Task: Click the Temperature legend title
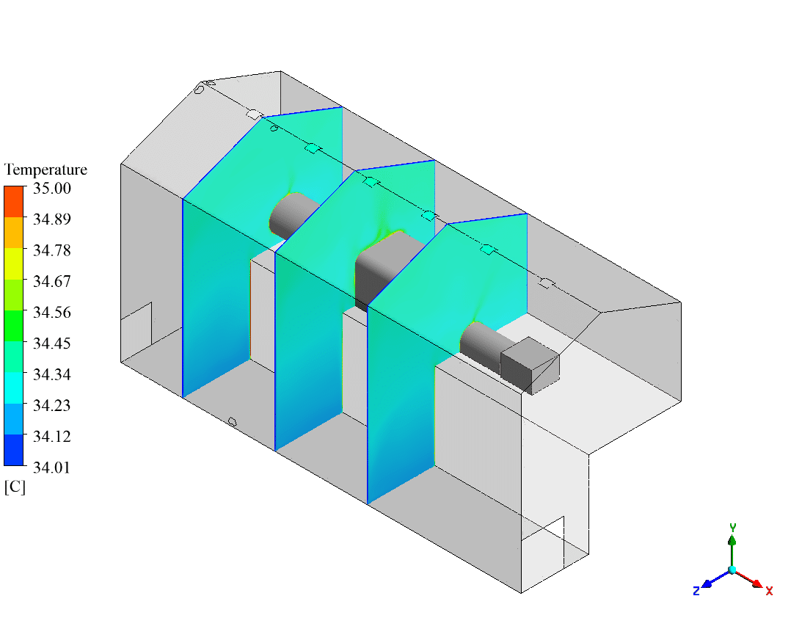(45, 170)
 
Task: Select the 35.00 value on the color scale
(52, 189)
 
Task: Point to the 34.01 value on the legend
(51, 468)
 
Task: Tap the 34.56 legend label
(52, 312)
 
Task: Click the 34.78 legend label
(52, 250)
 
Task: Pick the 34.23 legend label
(52, 405)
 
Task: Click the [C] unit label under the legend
(15, 487)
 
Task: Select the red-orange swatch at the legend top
(14, 202)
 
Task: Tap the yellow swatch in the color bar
(14, 263)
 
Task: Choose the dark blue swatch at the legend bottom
(14, 450)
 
